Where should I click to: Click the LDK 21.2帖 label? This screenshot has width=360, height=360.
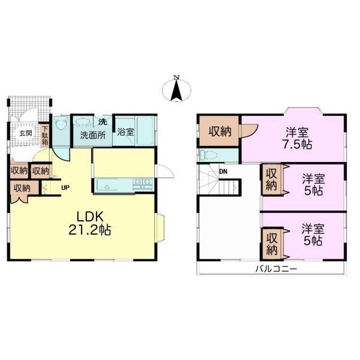[x=90, y=223]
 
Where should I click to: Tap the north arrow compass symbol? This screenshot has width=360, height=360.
[x=176, y=89]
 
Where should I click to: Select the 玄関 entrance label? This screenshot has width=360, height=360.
[x=25, y=133]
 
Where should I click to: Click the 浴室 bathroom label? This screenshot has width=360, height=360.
[x=125, y=132]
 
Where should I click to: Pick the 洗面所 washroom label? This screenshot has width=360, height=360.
[x=93, y=136]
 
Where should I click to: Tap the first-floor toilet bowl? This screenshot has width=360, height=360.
[x=61, y=125]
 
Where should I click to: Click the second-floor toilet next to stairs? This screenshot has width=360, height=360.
[x=208, y=155]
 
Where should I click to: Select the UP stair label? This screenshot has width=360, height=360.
[x=65, y=188]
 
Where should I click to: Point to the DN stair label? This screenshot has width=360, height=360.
[x=223, y=172]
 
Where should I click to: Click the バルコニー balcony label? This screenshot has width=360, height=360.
[x=276, y=269]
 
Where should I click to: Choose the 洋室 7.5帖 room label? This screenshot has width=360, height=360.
[x=297, y=139]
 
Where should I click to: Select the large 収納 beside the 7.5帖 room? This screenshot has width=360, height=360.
[x=219, y=131]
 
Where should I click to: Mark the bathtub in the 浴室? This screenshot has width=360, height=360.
[x=145, y=131]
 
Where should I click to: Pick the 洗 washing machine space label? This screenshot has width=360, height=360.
[x=103, y=122]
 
